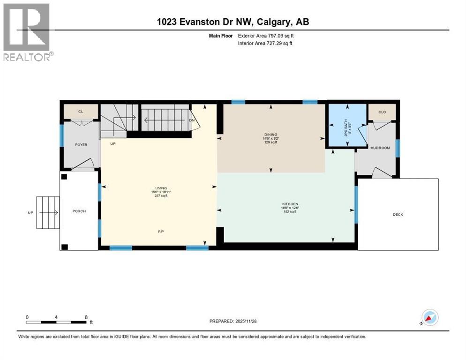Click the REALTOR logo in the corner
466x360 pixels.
pos(27,31)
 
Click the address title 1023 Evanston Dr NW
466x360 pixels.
pos(233,22)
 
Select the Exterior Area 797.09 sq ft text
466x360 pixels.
pos(265,36)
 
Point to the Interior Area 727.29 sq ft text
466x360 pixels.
pos(265,43)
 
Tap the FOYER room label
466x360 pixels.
pos(81,145)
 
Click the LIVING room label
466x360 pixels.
pos(158,188)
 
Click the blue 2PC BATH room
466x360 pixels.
pos(347,126)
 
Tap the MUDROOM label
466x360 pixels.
pos(380,148)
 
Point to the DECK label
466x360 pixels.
pos(398,215)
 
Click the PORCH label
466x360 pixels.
pos(79,211)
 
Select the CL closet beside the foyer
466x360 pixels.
pos(81,112)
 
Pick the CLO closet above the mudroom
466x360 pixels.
pos(383,112)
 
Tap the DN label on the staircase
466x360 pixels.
pos(191,120)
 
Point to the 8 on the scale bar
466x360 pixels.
pos(86,317)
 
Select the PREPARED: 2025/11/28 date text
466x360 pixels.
pos(233,321)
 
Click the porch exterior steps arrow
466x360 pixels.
pos(49,213)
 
